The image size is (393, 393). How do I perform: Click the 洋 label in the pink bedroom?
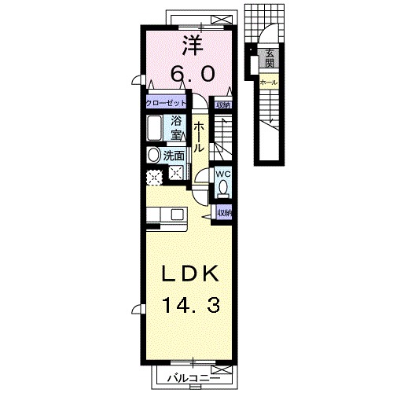(x=189, y=44)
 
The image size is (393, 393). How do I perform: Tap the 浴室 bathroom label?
(x=177, y=127)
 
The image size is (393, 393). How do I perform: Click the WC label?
(x=222, y=174)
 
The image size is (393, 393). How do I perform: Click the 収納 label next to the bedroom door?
(x=224, y=105)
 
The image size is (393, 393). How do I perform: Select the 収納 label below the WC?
(x=224, y=213)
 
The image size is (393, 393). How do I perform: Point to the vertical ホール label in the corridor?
(x=200, y=138)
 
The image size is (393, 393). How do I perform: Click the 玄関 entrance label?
(x=270, y=59)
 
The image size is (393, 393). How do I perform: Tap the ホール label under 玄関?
(x=267, y=81)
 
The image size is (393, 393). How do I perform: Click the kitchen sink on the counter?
(x=176, y=214)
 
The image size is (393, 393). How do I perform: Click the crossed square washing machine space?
(x=177, y=174)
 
